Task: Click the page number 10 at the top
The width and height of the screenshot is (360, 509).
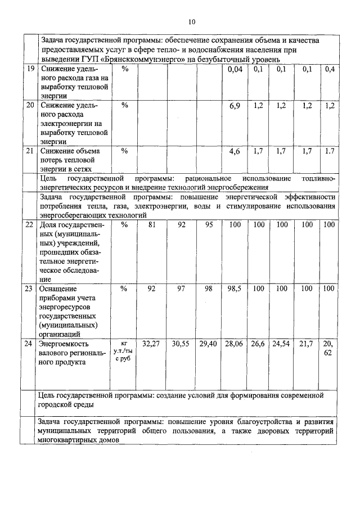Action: pos(191,22)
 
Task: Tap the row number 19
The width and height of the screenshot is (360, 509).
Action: pos(30,69)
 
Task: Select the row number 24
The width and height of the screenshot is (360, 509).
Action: pos(30,343)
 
